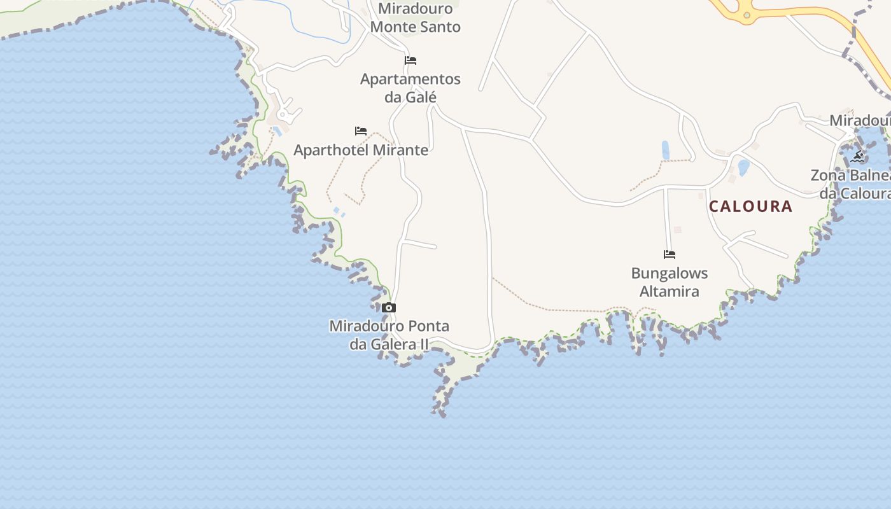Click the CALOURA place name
click(750, 206)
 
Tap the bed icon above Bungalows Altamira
click(669, 254)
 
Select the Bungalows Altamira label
click(669, 282)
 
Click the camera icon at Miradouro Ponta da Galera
click(389, 308)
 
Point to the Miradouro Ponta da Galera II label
click(389, 335)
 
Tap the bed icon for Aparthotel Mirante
click(361, 131)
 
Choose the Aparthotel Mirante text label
click(361, 150)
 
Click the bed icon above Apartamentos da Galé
click(410, 60)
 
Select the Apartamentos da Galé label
click(410, 88)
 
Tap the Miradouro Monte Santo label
click(415, 18)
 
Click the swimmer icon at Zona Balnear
click(857, 157)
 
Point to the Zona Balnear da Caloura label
click(853, 184)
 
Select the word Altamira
click(669, 291)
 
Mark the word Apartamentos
click(410, 79)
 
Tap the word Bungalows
click(669, 274)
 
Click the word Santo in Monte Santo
click(439, 27)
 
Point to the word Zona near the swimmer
click(828, 175)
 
